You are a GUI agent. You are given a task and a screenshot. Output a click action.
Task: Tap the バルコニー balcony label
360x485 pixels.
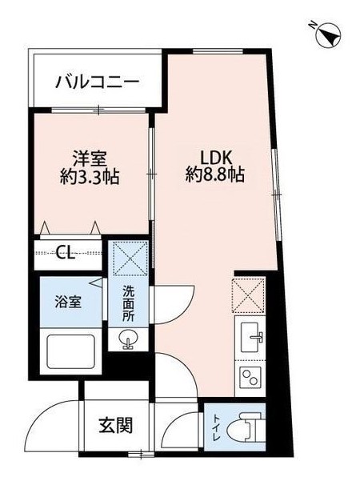(97, 82)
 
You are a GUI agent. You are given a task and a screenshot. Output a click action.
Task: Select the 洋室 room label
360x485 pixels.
(90, 158)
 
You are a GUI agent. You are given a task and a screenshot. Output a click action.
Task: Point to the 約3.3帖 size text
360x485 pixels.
(90, 178)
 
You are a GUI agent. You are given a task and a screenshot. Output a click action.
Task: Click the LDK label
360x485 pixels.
(216, 158)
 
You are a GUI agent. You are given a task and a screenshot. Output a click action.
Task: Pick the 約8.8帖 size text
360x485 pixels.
(215, 175)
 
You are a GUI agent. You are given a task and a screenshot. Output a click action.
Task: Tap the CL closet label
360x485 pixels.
(66, 255)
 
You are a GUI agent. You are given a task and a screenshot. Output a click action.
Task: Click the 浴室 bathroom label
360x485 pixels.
(68, 303)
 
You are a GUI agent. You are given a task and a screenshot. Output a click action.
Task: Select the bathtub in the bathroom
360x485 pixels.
(71, 351)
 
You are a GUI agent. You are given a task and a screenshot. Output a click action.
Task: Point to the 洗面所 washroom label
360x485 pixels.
(128, 304)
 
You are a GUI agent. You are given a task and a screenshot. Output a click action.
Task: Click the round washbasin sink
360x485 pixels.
(128, 338)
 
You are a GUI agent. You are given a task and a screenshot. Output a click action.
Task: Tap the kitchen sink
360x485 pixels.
(252, 338)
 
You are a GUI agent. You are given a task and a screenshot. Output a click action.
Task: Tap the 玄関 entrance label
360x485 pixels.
(116, 425)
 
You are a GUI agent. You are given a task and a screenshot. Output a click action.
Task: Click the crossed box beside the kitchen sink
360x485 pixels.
(249, 295)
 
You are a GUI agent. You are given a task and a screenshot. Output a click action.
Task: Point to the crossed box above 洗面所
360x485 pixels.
(130, 259)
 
